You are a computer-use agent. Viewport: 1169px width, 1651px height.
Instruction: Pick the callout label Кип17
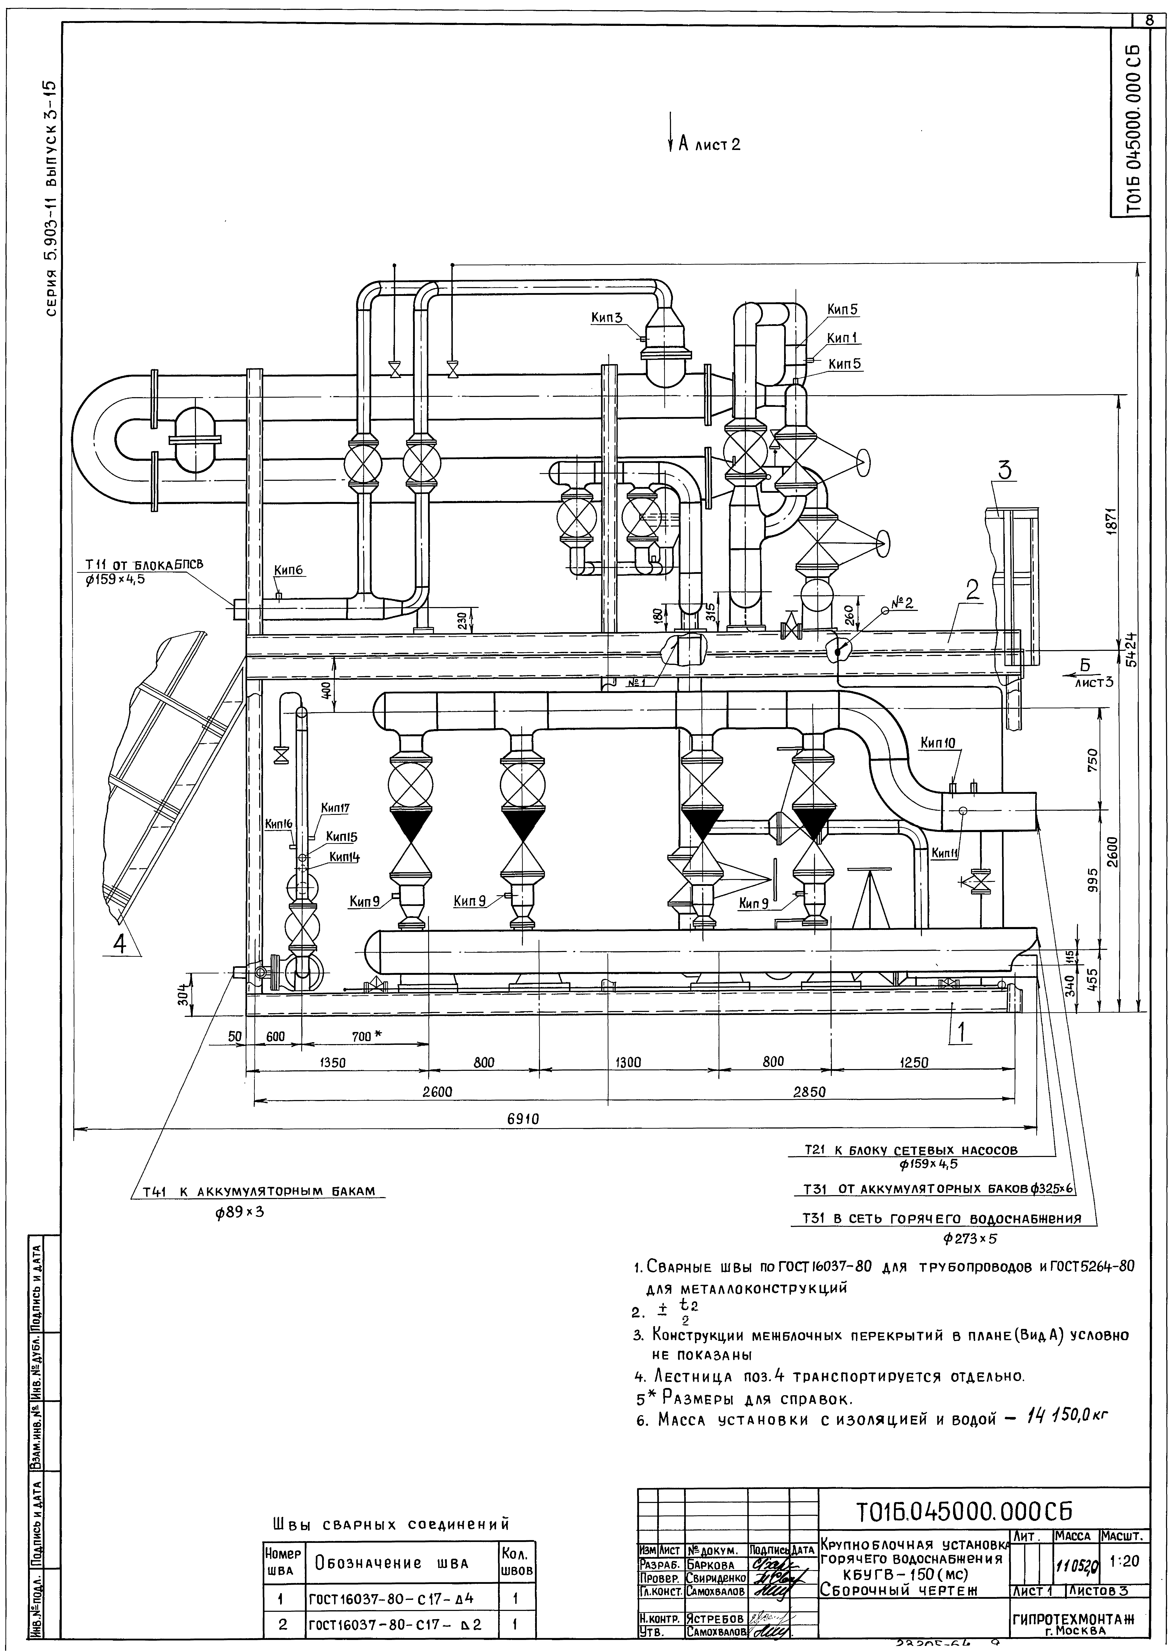pyautogui.click(x=335, y=809)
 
